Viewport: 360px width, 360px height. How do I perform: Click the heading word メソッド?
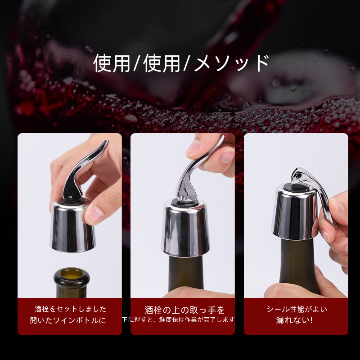click(231, 63)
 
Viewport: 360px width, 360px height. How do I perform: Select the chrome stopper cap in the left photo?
click(72, 226)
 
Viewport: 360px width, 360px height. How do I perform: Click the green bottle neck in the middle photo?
click(186, 273)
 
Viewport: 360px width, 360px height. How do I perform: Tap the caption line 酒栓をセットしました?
click(71, 309)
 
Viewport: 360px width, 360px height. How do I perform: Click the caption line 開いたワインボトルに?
click(68, 320)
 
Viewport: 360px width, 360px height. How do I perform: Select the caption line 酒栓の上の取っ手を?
click(184, 310)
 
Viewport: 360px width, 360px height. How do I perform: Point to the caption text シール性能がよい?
click(297, 309)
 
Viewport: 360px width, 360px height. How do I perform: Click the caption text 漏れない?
click(294, 320)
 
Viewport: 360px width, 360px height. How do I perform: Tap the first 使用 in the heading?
click(112, 63)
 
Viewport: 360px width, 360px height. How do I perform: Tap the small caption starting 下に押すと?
click(178, 319)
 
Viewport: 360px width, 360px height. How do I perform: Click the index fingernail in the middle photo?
click(193, 148)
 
